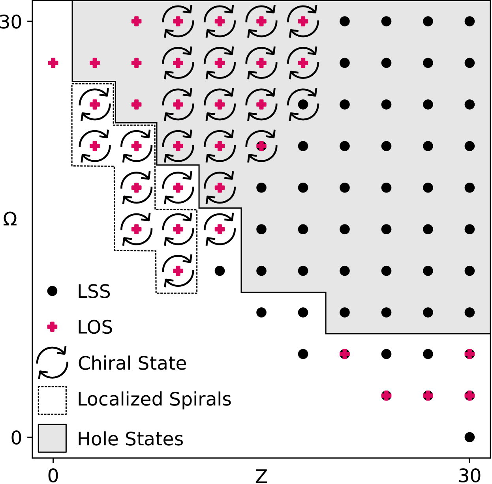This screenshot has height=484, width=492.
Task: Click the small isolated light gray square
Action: (52, 438)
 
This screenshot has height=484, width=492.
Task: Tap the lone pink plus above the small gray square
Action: (52, 327)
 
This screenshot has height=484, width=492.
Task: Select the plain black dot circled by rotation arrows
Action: (303, 104)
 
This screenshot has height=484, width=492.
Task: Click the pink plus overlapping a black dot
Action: (261, 146)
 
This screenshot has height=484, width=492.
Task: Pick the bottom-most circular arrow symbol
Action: (220, 187)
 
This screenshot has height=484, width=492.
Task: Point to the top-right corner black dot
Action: (469, 21)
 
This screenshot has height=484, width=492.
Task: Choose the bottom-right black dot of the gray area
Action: (469, 312)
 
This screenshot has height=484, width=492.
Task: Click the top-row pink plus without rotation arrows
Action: (136, 21)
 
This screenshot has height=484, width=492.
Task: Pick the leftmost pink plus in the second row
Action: (53, 63)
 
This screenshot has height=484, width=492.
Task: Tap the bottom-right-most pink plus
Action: (469, 395)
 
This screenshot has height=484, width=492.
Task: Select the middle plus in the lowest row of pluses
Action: (428, 395)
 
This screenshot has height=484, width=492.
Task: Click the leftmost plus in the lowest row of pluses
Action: (386, 395)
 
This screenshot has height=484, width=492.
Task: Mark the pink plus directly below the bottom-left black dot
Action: (344, 354)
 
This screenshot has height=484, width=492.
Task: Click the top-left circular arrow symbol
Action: (178, 21)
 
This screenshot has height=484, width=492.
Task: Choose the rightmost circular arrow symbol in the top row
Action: (303, 21)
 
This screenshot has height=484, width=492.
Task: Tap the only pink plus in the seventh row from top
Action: (178, 271)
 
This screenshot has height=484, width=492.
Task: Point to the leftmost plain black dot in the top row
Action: (345, 21)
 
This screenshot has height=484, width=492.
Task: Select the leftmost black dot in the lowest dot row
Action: (345, 312)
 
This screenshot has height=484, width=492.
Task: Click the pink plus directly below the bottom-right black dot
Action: (469, 354)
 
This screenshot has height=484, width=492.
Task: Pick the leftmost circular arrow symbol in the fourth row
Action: (178, 146)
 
